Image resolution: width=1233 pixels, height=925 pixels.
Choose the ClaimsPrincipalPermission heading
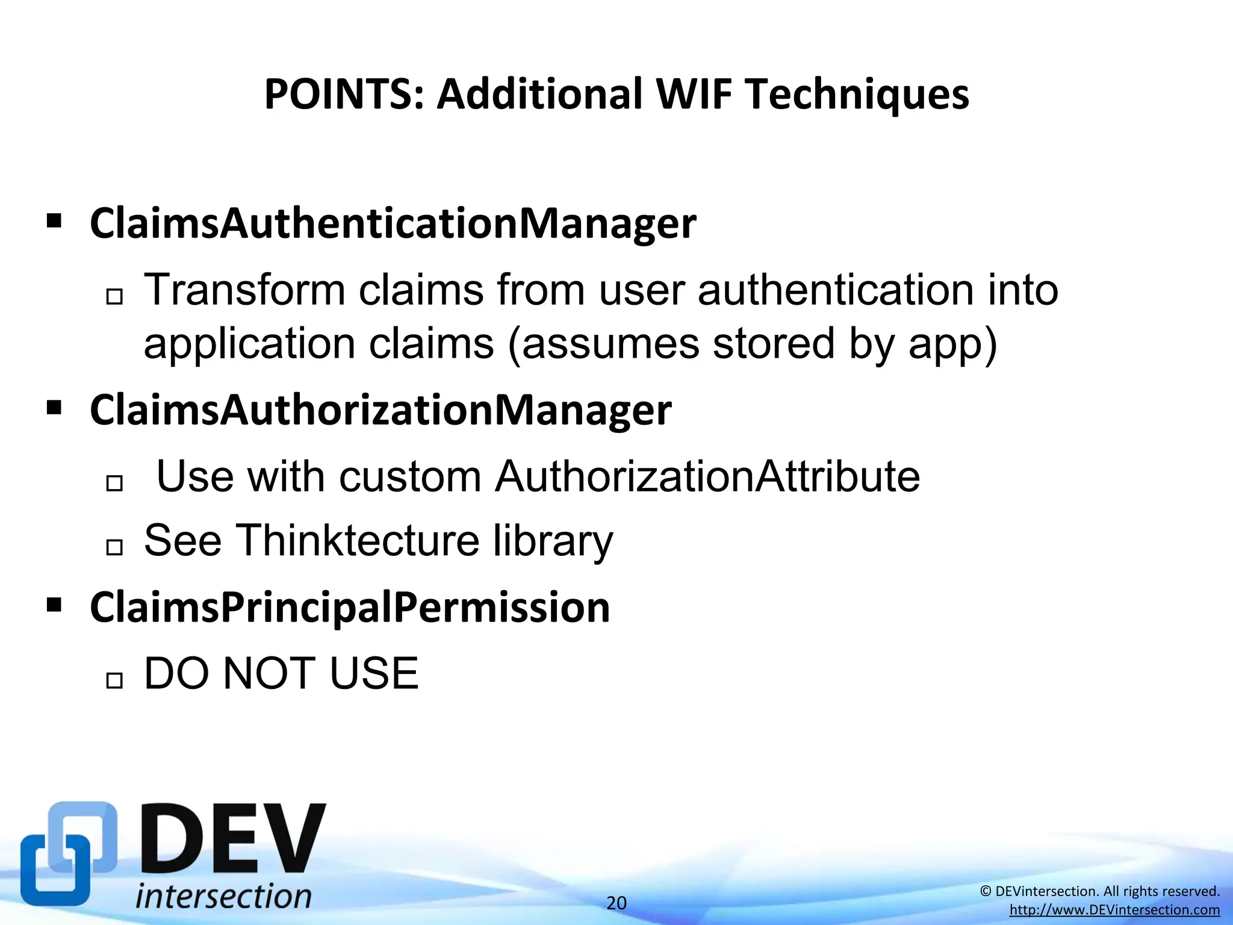(x=350, y=607)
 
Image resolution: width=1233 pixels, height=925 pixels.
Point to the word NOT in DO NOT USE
(x=269, y=674)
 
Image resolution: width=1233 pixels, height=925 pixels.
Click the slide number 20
(x=616, y=903)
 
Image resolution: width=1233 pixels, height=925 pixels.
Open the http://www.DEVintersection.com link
(x=1114, y=910)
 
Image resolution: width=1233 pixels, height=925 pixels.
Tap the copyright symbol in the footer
(x=986, y=891)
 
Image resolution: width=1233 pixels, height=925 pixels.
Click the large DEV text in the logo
(x=234, y=838)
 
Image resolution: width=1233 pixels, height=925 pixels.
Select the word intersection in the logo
(x=223, y=895)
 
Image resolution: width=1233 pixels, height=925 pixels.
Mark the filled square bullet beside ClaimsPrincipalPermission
(x=54, y=605)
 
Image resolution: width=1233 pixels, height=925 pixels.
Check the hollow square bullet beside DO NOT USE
(x=114, y=681)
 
